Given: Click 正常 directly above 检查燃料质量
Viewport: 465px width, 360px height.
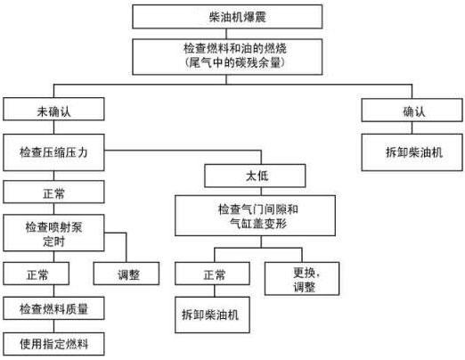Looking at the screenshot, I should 39,273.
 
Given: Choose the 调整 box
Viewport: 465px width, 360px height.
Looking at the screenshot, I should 129,273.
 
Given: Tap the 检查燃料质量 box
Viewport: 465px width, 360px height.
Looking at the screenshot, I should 50,309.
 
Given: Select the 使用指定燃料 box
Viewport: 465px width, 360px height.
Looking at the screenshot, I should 50,343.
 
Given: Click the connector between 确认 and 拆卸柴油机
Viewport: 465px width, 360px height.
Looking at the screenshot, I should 412,129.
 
